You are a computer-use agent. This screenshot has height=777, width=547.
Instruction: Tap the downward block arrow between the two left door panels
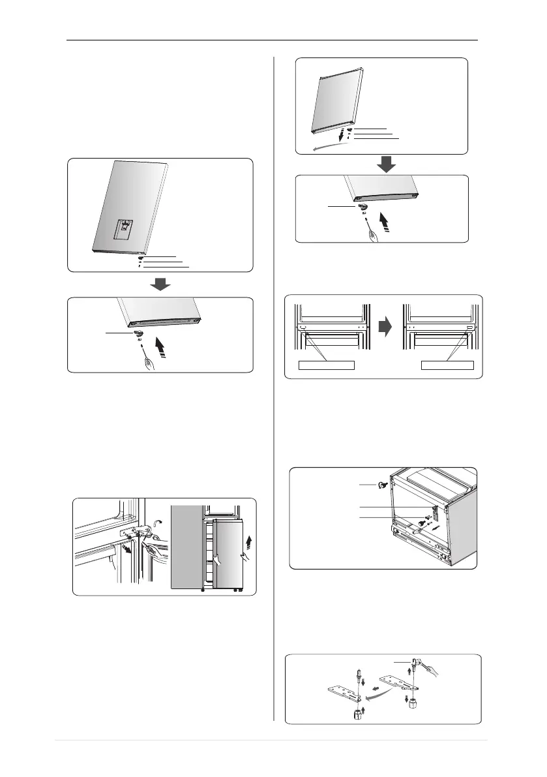tap(160, 284)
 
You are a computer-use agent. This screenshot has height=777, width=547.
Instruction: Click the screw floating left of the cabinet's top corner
tap(384, 485)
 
